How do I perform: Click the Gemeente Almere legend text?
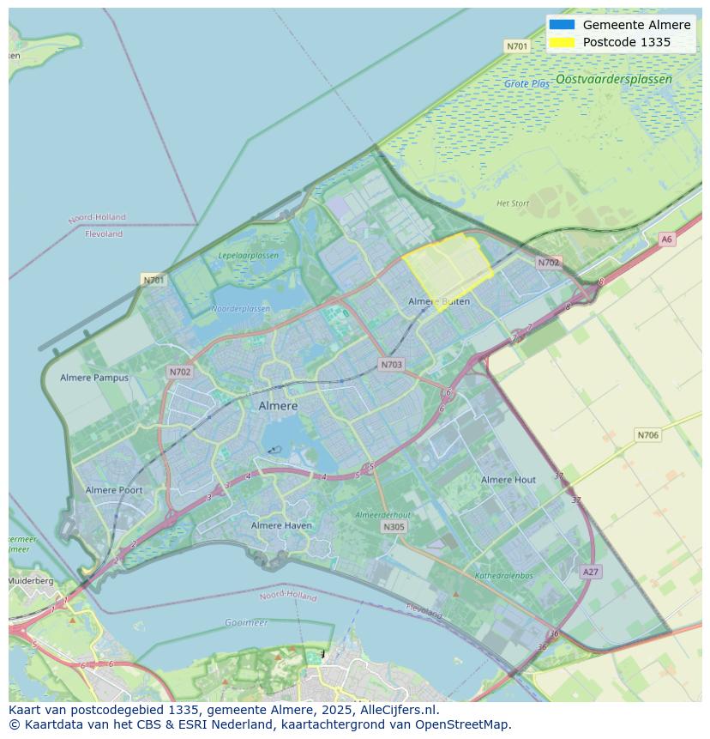pyautogui.click(x=636, y=25)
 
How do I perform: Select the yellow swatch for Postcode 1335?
pyautogui.click(x=562, y=42)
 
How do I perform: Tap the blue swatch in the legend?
pyautogui.click(x=562, y=25)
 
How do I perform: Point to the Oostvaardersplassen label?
pyautogui.click(x=614, y=79)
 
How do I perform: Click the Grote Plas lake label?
pyautogui.click(x=526, y=84)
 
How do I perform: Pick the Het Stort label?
pyautogui.click(x=513, y=203)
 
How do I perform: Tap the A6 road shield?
pyautogui.click(x=667, y=239)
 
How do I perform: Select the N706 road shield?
pyautogui.click(x=648, y=435)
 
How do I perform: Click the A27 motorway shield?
pyautogui.click(x=590, y=572)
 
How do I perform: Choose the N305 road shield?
pyautogui.click(x=394, y=527)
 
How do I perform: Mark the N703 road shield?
pyautogui.click(x=391, y=365)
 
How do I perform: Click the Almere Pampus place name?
pyautogui.click(x=94, y=378)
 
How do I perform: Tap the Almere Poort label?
pyautogui.click(x=114, y=490)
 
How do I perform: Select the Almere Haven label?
pyautogui.click(x=281, y=525)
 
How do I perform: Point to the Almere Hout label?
pyautogui.click(x=508, y=480)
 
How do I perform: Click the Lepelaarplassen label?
pyautogui.click(x=248, y=256)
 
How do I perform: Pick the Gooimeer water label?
pyautogui.click(x=246, y=622)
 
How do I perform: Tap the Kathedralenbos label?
pyautogui.click(x=504, y=576)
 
